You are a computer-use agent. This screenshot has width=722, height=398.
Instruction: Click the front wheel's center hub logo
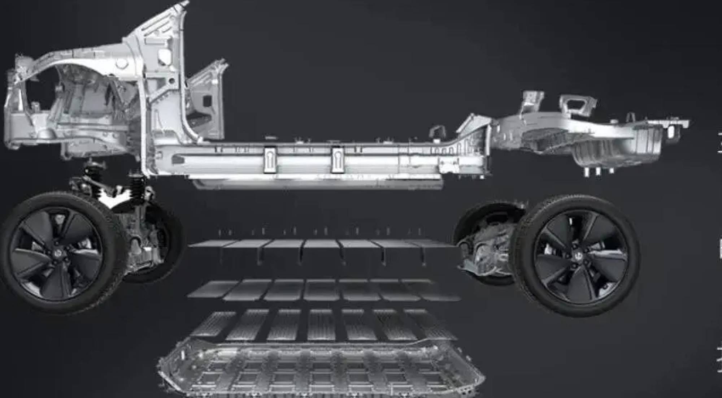[57, 254]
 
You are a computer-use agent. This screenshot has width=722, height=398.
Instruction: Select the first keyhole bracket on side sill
[270, 159]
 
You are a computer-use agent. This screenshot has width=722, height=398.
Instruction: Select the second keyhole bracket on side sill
[337, 159]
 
